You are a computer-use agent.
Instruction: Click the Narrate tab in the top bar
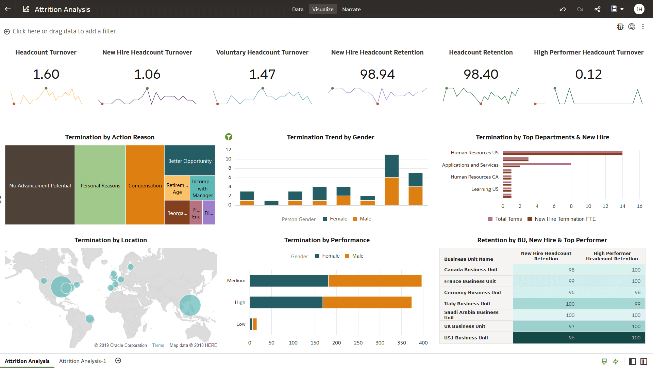351,9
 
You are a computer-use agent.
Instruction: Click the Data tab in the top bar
298,9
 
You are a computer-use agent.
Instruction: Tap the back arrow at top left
8,9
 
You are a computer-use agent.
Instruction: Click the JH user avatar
639,9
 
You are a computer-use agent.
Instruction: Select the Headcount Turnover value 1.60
46,74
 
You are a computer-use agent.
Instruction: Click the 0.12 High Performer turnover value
588,74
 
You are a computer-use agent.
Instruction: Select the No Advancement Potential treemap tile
40,185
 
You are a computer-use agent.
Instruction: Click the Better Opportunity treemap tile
190,161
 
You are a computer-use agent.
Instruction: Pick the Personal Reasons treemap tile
100,185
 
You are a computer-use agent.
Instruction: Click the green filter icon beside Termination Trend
229,137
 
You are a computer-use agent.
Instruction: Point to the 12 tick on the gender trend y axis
228,150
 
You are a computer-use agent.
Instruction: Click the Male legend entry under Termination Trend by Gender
362,219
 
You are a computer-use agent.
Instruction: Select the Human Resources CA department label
474,177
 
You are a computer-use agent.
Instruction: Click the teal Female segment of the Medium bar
289,280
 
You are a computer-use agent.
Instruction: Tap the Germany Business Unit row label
472,292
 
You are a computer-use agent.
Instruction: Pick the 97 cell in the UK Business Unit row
571,326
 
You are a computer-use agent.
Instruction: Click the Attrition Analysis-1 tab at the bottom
83,361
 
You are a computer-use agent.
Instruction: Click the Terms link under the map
158,345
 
